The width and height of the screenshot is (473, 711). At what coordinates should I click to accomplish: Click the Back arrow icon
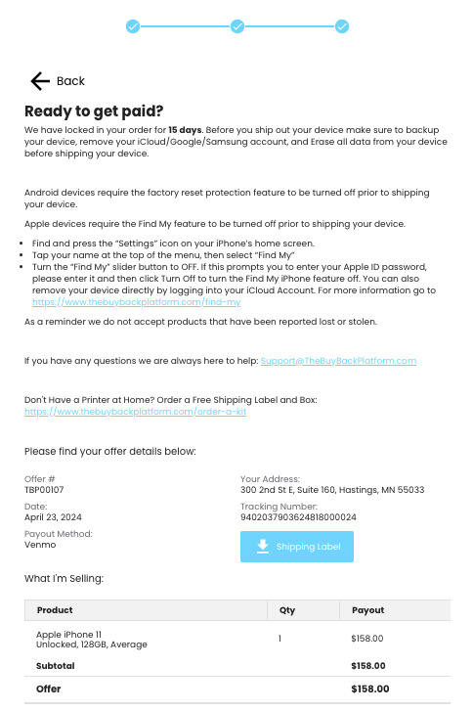(39, 81)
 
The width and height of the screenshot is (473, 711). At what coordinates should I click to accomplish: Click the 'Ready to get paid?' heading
(94, 111)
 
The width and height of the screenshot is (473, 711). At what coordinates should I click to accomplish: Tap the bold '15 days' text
(184, 129)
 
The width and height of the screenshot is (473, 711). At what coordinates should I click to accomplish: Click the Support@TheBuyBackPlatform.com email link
(338, 361)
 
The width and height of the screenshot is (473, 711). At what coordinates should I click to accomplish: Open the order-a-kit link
(135, 412)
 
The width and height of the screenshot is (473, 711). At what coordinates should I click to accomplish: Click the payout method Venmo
(41, 545)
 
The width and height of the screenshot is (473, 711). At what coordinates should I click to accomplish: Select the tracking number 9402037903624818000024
(298, 516)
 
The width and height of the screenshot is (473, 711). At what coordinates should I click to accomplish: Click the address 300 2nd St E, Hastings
(332, 489)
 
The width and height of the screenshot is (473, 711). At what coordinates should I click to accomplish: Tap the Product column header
(55, 610)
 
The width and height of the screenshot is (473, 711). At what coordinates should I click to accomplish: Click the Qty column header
(287, 610)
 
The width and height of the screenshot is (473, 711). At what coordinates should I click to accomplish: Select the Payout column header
(366, 610)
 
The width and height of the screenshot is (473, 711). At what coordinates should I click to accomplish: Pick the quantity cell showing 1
(279, 639)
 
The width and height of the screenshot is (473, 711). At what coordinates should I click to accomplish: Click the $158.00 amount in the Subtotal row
(367, 666)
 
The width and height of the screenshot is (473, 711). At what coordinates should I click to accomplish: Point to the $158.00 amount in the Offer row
(367, 689)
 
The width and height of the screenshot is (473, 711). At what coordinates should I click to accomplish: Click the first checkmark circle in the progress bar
(133, 26)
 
